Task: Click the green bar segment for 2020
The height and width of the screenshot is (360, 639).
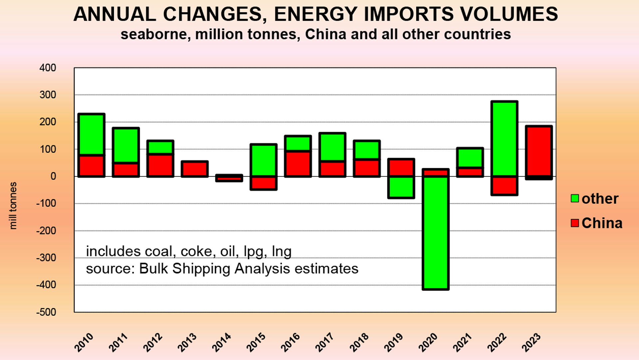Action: (x=436, y=233)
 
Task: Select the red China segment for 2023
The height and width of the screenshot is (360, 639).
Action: (x=539, y=152)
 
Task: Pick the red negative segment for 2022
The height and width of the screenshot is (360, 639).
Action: (x=504, y=185)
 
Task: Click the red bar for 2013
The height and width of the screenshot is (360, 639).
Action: (x=195, y=169)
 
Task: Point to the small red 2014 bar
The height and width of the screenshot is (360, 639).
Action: (x=229, y=178)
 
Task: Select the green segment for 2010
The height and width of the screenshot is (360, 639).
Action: (x=91, y=135)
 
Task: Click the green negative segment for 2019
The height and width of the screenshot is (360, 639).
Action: (x=401, y=187)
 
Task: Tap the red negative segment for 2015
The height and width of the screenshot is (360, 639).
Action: (x=263, y=183)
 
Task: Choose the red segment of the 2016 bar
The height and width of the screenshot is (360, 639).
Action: (x=298, y=164)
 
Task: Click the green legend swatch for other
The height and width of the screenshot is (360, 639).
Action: (x=575, y=198)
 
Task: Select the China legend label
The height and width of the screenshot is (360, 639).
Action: (x=602, y=223)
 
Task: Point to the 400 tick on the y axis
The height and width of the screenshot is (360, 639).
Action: (x=48, y=68)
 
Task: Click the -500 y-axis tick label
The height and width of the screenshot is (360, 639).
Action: (x=46, y=312)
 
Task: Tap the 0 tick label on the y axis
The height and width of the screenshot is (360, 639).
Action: (x=53, y=177)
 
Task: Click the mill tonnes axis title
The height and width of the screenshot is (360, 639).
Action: (x=13, y=205)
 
